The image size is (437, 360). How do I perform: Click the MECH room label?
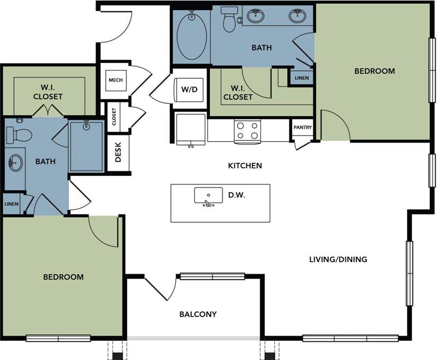tap(115, 80)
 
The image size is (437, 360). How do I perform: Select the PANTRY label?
tap(302, 128)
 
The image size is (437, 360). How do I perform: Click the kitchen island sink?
tap(209, 195)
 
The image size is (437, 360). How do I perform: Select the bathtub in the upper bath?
tap(191, 37)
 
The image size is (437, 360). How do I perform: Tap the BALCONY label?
tap(198, 314)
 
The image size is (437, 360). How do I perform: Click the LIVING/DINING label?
tap(338, 259)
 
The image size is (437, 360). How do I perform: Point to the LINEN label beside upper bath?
tap(302, 78)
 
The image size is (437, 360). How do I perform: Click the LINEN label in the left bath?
tap(11, 204)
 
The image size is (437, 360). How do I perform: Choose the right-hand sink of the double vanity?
tap(298, 16)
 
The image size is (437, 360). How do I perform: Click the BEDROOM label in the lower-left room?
tap(63, 277)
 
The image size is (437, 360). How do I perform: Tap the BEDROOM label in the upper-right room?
tap(374, 71)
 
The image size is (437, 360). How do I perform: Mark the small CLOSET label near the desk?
tap(114, 116)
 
